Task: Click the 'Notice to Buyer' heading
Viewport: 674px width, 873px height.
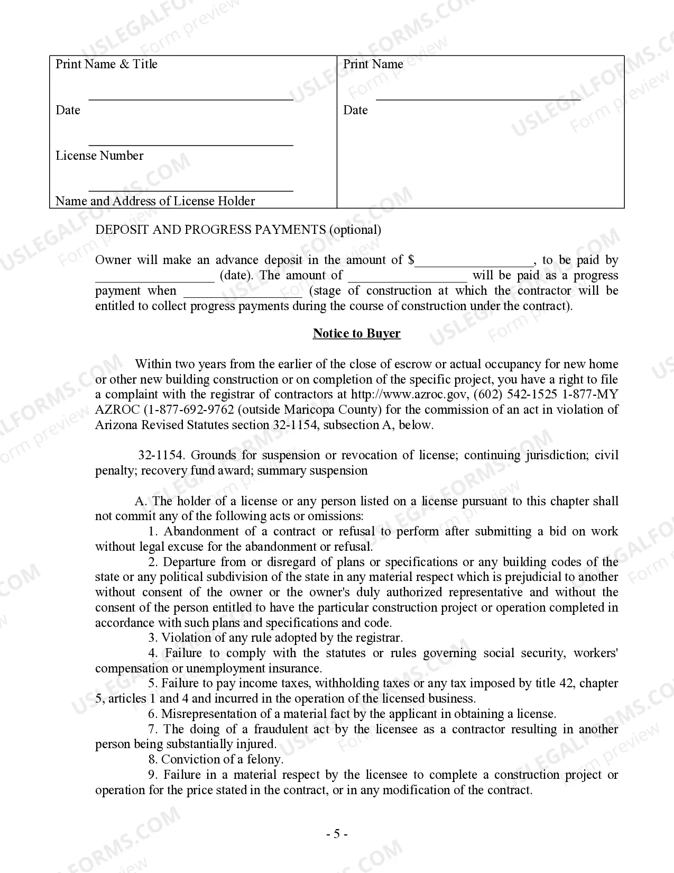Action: coord(356,333)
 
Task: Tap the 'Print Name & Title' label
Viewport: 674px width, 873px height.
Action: coord(106,64)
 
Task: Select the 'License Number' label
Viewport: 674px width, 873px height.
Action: coord(99,156)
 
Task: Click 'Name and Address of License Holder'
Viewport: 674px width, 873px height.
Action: coord(155,201)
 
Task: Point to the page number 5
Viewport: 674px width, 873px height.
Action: coord(336,834)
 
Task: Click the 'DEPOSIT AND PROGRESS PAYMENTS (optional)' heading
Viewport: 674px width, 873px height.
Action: coord(238,230)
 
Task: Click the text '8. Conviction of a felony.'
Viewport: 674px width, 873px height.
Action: coord(216,759)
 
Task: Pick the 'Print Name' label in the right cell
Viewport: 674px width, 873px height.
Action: coord(373,64)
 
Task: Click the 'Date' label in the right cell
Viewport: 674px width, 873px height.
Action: coord(355,110)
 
